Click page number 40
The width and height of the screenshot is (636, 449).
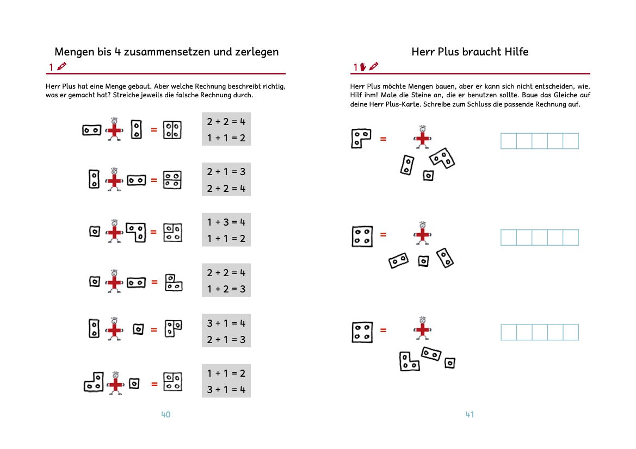pyautogui.click(x=166, y=415)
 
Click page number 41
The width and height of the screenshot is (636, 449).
pyautogui.click(x=470, y=415)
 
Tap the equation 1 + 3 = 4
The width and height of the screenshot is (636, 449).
pyautogui.click(x=226, y=222)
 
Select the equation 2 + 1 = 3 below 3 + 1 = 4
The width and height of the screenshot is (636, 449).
pyautogui.click(x=226, y=340)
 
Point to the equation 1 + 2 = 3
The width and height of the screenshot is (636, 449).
pyautogui.click(x=226, y=289)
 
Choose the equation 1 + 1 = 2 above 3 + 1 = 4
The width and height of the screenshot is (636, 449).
pyautogui.click(x=226, y=373)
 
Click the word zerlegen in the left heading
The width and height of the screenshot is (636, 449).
pyautogui.click(x=254, y=52)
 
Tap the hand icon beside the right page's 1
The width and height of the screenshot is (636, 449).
pyautogui.click(x=363, y=67)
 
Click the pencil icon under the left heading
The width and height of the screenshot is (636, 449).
pyautogui.click(x=61, y=67)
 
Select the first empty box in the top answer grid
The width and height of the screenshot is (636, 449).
pyautogui.click(x=508, y=141)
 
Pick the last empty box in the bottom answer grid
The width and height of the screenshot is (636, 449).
pyautogui.click(x=571, y=333)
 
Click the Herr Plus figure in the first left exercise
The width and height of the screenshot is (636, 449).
pyautogui.click(x=114, y=129)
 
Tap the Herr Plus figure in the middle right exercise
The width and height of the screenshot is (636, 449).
pyautogui.click(x=422, y=234)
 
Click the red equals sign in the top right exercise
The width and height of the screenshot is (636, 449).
pyautogui.click(x=383, y=139)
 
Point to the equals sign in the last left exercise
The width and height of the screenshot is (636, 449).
pyautogui.click(x=154, y=384)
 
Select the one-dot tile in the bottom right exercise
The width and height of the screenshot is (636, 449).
pyautogui.click(x=449, y=363)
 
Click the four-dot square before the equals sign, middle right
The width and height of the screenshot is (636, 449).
pyautogui.click(x=362, y=236)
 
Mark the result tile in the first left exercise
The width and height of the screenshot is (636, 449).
pyautogui.click(x=172, y=130)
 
